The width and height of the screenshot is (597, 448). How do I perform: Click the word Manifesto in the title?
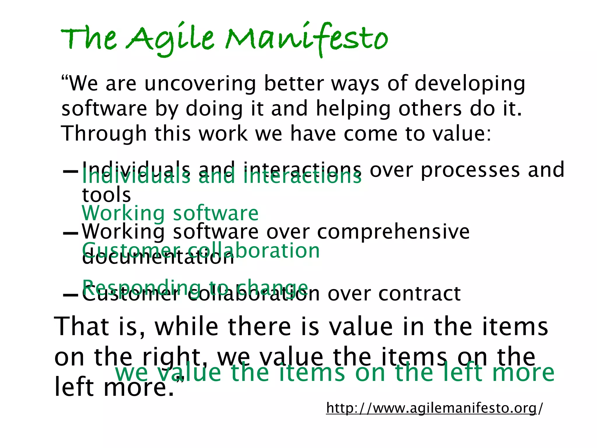click(306, 39)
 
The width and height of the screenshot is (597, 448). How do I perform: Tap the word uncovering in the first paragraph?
click(200, 84)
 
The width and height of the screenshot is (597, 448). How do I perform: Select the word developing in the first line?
click(470, 84)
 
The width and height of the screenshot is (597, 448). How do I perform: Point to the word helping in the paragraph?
click(353, 109)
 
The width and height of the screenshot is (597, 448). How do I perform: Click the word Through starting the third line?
click(103, 134)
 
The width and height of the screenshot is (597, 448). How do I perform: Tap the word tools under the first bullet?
click(106, 195)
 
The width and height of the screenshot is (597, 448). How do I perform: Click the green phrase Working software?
click(170, 213)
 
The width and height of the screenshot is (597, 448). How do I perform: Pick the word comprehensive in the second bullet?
click(393, 232)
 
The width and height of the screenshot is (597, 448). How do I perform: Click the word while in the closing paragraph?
click(187, 327)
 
